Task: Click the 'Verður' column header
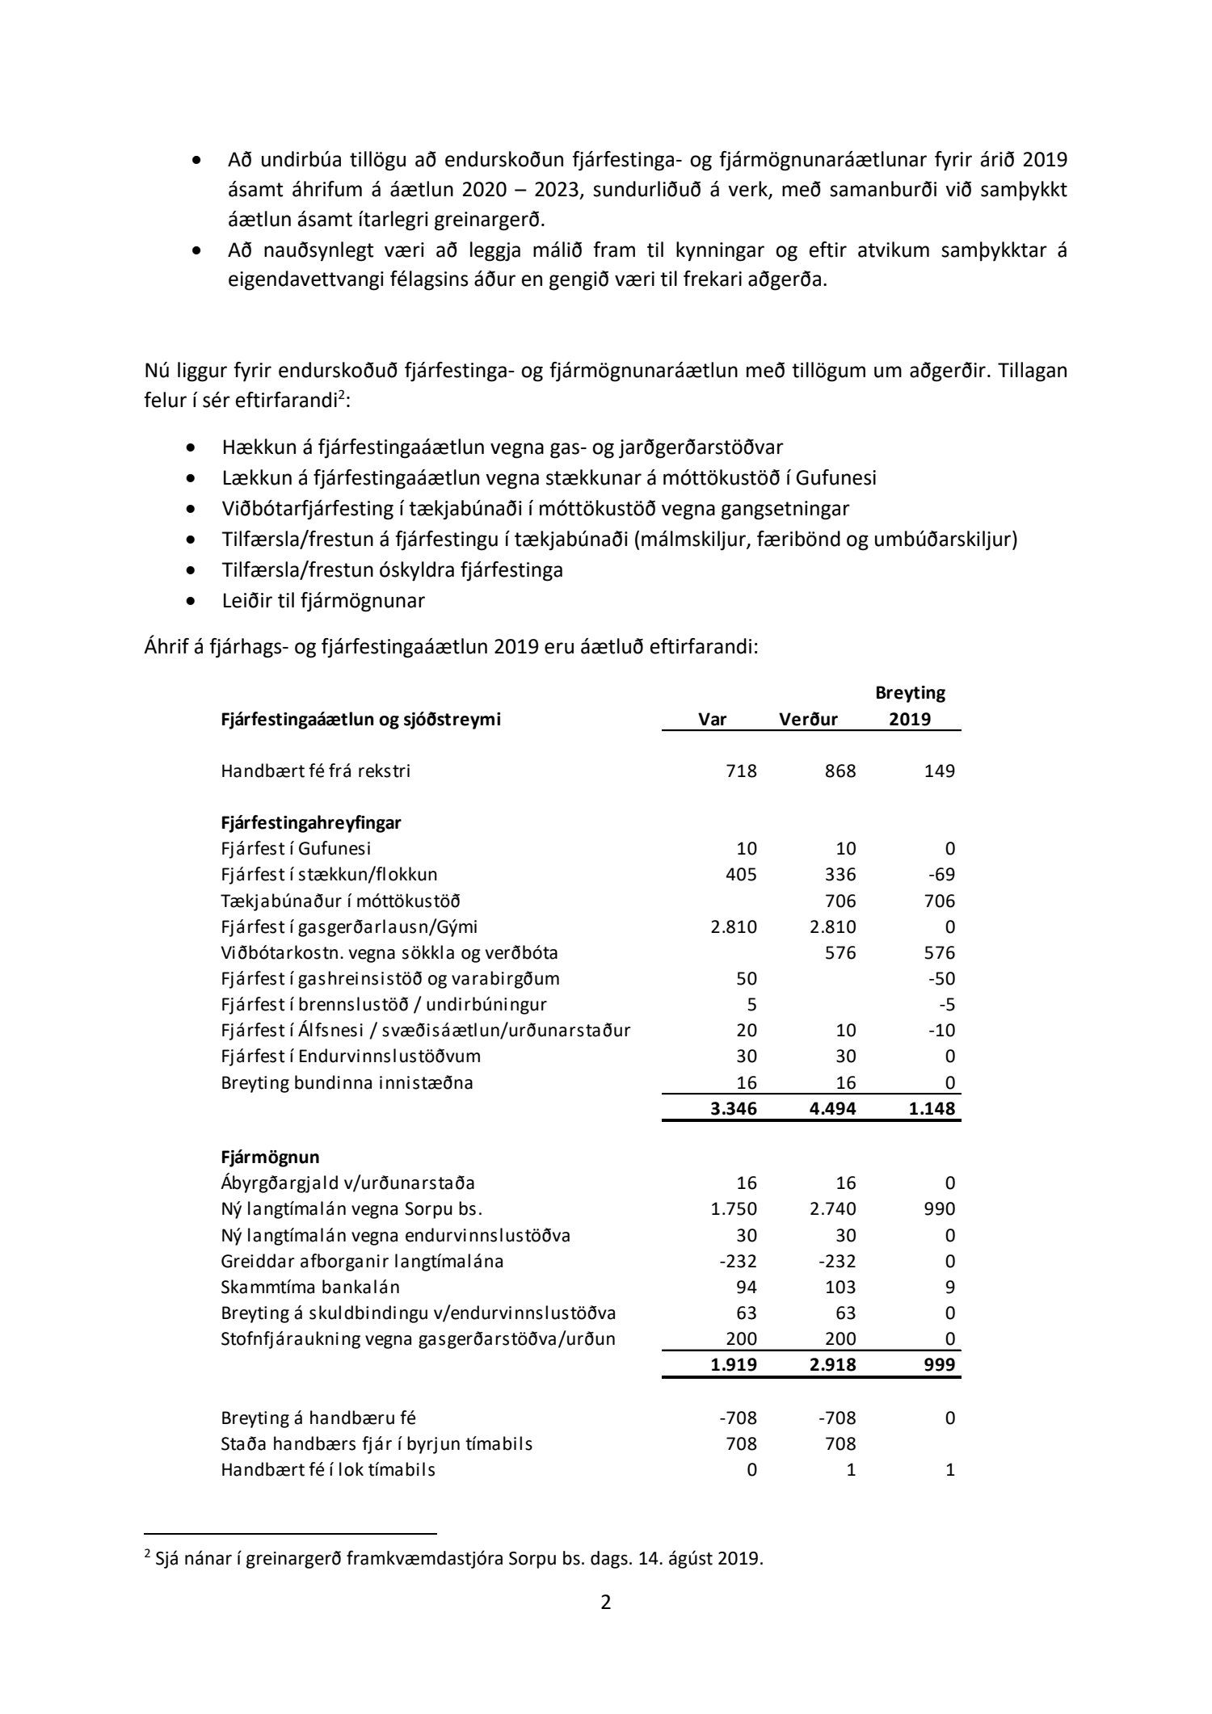coord(808,720)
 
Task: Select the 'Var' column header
coord(713,720)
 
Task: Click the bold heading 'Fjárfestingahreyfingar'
coord(311,822)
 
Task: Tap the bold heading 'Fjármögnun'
coord(270,1157)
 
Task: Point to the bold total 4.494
coord(833,1108)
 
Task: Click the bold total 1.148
coord(931,1108)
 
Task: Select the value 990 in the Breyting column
coord(938,1209)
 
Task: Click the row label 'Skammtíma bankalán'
coord(310,1287)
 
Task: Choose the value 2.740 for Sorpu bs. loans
coord(833,1209)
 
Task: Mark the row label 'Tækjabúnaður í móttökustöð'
coord(341,901)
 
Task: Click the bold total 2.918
coord(833,1364)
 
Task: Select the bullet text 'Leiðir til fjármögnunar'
coord(323,601)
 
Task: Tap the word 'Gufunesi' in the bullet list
coord(836,477)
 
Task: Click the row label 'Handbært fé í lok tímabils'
coord(328,1469)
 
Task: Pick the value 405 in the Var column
coord(741,874)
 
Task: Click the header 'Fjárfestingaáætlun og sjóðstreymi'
coord(361,720)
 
